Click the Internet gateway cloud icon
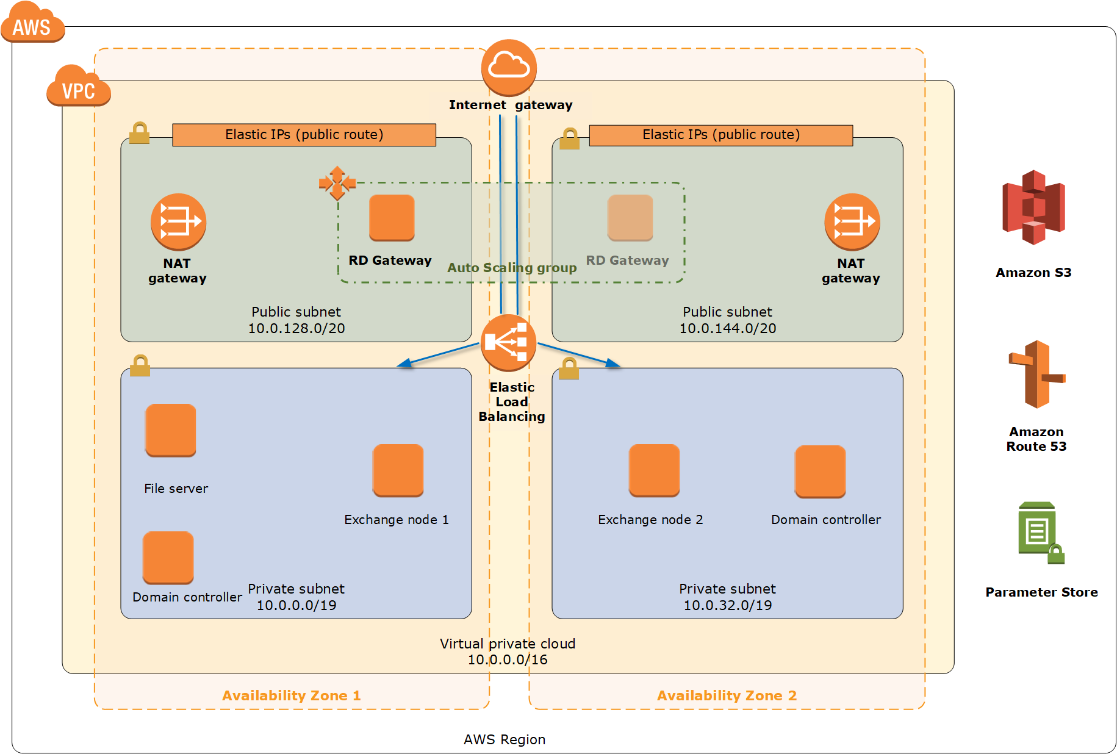coord(509,66)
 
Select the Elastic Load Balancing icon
coord(508,342)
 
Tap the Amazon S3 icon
coord(1033,207)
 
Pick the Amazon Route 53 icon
coord(1036,374)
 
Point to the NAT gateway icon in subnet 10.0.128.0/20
coord(178,221)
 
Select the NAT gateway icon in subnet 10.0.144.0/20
coord(852,221)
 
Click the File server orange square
coord(171,429)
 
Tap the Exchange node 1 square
coord(398,470)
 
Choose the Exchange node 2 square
coord(654,470)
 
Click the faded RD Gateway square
coord(630,217)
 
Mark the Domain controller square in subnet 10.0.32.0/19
coord(820,471)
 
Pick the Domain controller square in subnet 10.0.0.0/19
coord(168,557)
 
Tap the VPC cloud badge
coord(79,87)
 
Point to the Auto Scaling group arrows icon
coord(337,182)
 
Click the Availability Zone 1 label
coord(292,695)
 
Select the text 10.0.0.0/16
coord(508,660)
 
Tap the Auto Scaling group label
coord(512,268)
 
